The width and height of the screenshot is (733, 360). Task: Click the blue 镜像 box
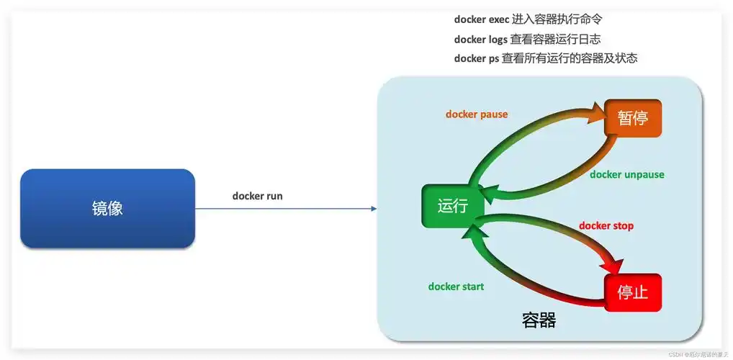point(107,209)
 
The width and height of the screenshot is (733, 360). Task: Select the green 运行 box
point(452,207)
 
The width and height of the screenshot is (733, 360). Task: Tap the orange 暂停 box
point(633,118)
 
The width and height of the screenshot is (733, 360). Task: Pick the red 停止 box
point(633,293)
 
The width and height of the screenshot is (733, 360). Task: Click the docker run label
point(257,196)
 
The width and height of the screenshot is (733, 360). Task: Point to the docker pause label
point(476,114)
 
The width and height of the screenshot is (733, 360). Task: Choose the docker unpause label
point(626,174)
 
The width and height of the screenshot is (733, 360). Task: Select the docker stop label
point(606,226)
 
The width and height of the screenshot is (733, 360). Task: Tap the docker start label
point(456,287)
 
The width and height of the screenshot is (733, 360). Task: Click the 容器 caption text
point(539,320)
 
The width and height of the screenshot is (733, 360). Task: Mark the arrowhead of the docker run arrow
point(373,209)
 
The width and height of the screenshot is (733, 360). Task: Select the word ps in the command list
point(493,58)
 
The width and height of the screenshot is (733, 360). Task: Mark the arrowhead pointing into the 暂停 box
point(598,109)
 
